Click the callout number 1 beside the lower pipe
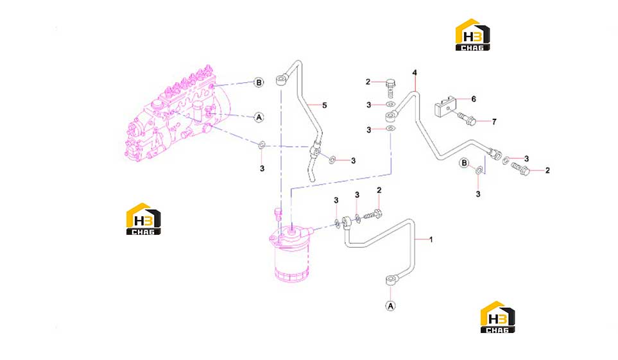[431, 239]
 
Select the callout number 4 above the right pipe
[415, 73]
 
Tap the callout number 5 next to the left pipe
[324, 105]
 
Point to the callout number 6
[474, 99]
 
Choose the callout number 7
[494, 122]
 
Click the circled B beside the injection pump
[259, 82]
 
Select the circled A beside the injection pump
[259, 117]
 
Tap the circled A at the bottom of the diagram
[390, 306]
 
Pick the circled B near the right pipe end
[464, 163]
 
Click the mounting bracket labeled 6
[445, 107]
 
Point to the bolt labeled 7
[467, 118]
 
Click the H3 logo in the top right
[472, 35]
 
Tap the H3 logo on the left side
[144, 219]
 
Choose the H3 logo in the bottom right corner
[497, 317]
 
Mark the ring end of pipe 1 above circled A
[390, 280]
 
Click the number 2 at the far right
[547, 170]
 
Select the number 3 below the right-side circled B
[478, 194]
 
